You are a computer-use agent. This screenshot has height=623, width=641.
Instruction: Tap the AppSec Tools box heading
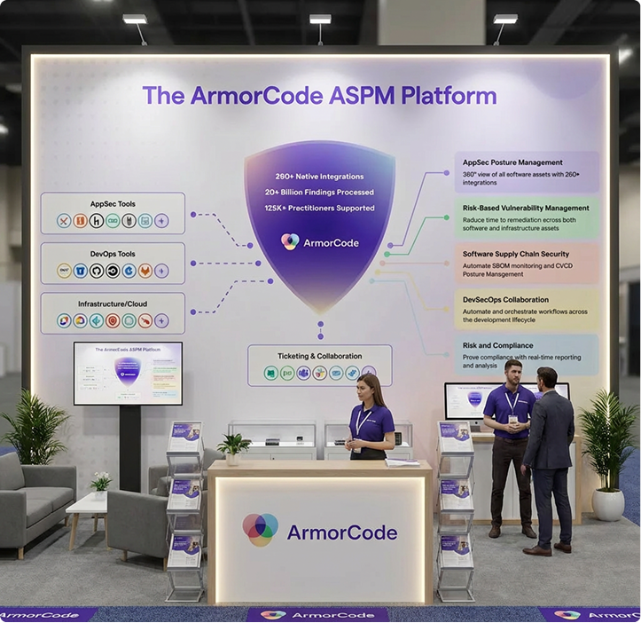point(113,203)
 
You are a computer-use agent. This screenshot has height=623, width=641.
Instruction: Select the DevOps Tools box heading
point(113,254)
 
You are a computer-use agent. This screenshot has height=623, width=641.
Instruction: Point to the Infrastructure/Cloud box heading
point(113,304)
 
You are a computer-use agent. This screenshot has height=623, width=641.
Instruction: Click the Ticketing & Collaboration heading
point(319,356)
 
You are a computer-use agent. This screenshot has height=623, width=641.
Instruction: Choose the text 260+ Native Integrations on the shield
point(319,176)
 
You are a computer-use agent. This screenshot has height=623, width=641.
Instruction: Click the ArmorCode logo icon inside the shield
point(290,241)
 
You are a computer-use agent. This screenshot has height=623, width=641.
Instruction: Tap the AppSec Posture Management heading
point(512,162)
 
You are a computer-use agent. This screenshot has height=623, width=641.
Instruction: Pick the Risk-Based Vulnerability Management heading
point(526,209)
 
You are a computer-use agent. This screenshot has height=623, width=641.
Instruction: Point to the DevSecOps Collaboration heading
point(505,300)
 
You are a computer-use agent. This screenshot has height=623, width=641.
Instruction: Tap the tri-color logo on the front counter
point(261,530)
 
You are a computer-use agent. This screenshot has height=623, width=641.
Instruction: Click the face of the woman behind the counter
point(370,388)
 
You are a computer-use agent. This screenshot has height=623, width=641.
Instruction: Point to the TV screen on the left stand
point(128,373)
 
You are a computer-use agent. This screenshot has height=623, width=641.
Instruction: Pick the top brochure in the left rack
point(186,432)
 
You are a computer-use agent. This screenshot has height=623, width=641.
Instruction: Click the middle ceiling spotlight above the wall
point(319,20)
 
